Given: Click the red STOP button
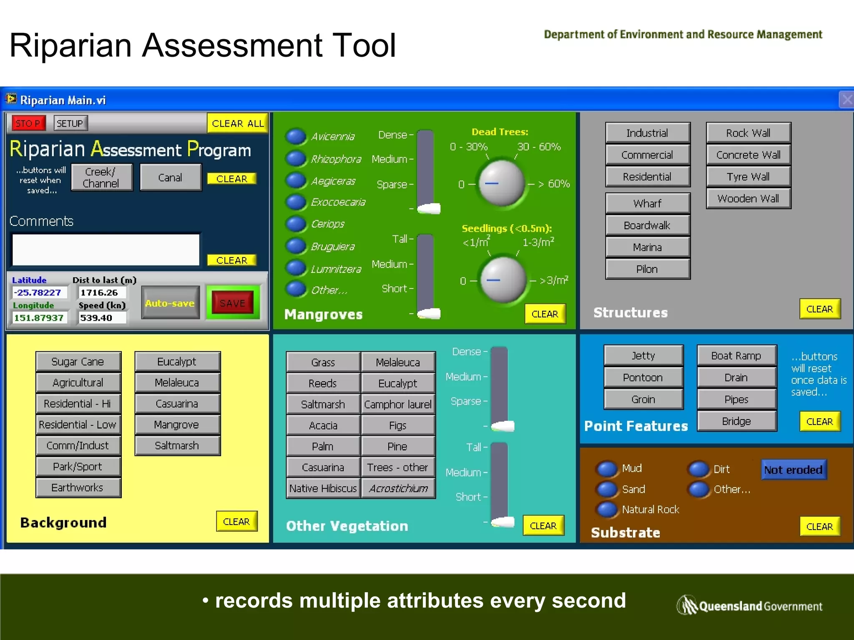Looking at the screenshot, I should point(28,123).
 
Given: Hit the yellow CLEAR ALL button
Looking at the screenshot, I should point(237,123).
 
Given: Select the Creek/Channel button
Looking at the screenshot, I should point(101,177).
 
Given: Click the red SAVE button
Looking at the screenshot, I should point(233,303).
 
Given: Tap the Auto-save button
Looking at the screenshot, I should point(170,303).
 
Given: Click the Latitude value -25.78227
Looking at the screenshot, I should point(38,292).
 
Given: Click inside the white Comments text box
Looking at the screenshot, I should point(106,250).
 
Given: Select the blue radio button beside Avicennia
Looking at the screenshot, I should point(296,136).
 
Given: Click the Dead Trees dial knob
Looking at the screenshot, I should point(501,183).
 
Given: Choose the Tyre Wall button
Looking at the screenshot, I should point(748,177).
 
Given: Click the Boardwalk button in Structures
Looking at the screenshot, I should point(647,225).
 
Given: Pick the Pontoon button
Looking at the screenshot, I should point(643,377).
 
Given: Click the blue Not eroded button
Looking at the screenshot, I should point(793,470).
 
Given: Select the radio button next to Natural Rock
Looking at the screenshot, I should point(607,509).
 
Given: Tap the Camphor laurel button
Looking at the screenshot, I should point(398,404).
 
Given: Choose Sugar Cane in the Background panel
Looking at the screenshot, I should point(78,362).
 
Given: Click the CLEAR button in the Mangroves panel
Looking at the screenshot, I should point(545,314).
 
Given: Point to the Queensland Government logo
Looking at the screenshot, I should point(749,605).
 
